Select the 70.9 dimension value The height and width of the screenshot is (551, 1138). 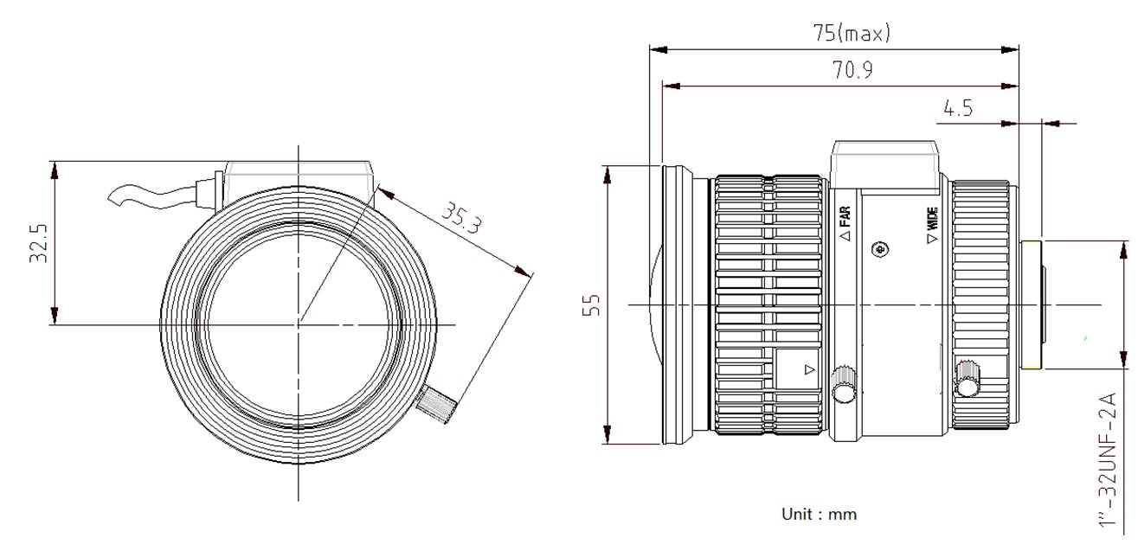tap(852, 71)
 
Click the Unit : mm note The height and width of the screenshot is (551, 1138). tap(819, 514)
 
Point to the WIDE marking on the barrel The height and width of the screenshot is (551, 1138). tap(931, 227)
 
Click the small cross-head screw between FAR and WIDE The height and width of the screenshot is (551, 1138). tap(881, 250)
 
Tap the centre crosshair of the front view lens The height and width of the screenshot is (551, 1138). tap(299, 324)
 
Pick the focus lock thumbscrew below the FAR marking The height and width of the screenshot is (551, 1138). tap(843, 385)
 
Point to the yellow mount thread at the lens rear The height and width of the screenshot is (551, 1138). tap(1031, 305)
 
